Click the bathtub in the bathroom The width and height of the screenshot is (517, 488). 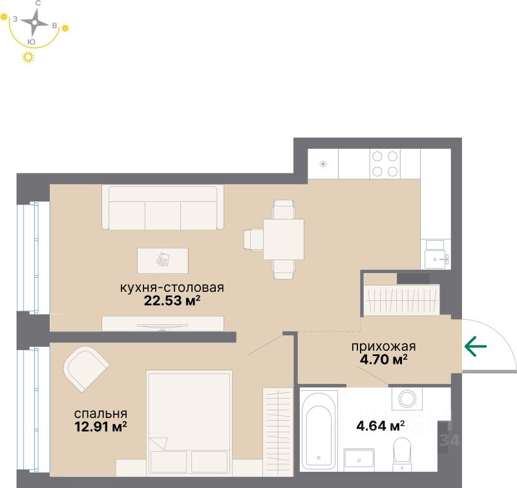click(318, 429)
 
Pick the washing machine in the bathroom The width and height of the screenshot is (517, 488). click(408, 399)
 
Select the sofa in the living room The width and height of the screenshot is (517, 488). click(162, 206)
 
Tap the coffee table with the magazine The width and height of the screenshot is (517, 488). click(163, 260)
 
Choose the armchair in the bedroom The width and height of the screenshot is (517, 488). click(85, 368)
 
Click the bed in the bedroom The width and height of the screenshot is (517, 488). click(189, 415)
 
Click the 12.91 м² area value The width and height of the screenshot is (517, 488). click(100, 426)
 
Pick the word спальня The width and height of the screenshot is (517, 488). click(100, 414)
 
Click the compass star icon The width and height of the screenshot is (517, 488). click(36, 23)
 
